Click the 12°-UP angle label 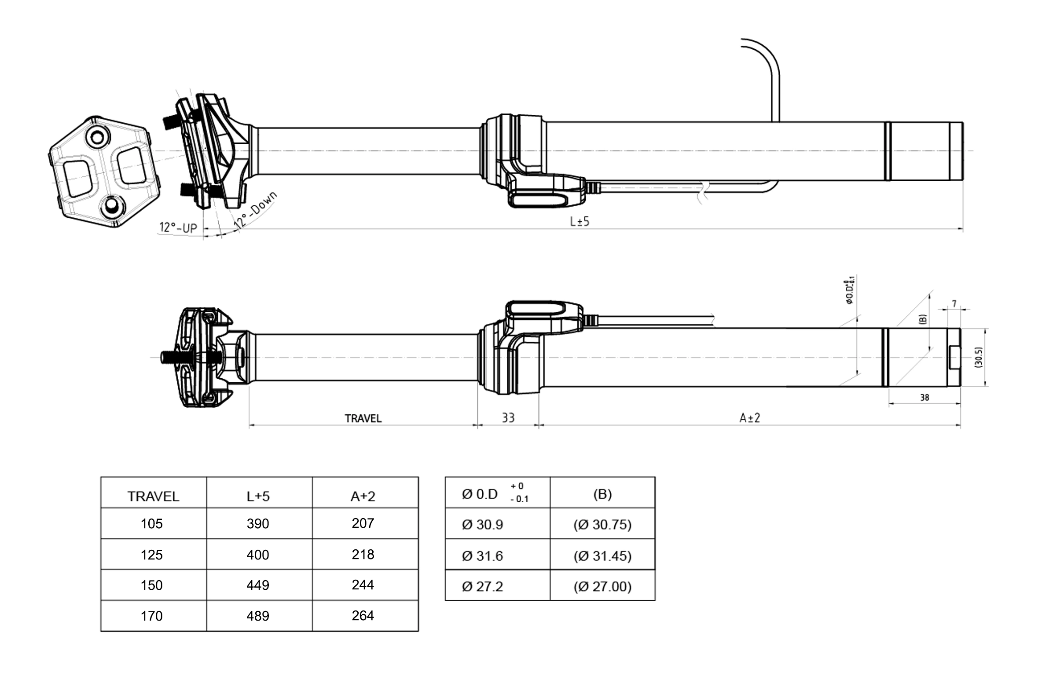178,227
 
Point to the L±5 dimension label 580,221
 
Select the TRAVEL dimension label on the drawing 363,418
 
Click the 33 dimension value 508,418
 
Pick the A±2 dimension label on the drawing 750,418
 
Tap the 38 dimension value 925,397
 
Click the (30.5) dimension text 978,357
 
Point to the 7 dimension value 954,304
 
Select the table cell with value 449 258,585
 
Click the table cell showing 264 363,616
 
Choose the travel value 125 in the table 151,555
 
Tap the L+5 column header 258,497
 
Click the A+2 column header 363,497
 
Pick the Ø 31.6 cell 482,556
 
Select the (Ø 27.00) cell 603,586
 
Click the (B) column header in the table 603,494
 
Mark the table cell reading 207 363,523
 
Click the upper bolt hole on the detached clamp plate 97,137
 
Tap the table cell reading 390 258,523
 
